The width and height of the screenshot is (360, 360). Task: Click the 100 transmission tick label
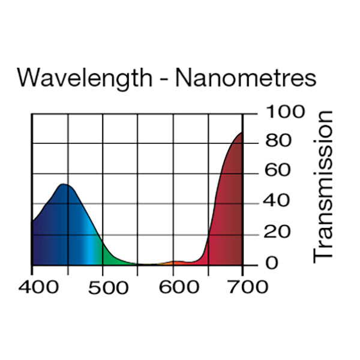click(x=277, y=112)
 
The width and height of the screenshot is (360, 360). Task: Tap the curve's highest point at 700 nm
click(x=242, y=133)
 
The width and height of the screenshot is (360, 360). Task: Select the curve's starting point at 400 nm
click(x=32, y=222)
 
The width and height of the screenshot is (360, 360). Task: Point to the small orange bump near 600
click(x=178, y=262)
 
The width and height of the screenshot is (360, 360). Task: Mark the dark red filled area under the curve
click(x=231, y=210)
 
